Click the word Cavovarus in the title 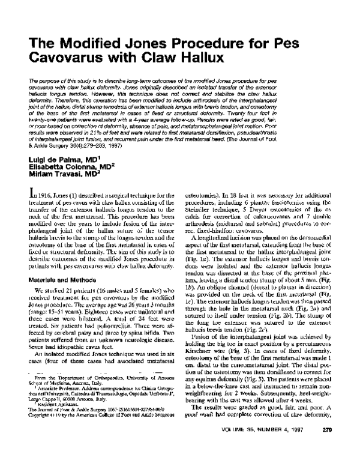pos(67,59)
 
